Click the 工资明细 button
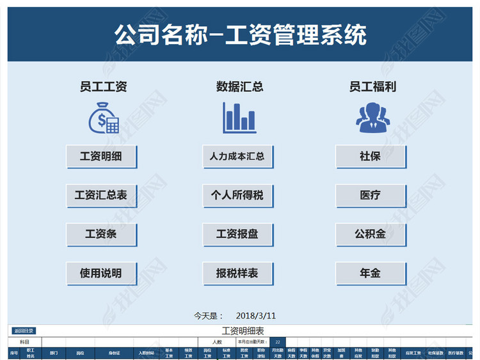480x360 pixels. [101, 156]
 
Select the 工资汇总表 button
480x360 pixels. [101, 195]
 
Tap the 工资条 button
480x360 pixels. [101, 234]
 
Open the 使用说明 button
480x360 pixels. [101, 273]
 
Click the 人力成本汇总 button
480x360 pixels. [237, 156]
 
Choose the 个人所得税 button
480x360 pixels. [237, 195]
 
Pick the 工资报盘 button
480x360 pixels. [237, 234]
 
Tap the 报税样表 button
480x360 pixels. [237, 273]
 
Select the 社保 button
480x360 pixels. [371, 156]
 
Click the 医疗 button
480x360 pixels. [371, 195]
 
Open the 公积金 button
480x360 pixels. [371, 234]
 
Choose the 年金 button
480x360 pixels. [371, 273]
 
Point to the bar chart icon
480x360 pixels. [239, 119]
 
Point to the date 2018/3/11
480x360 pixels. [256, 315]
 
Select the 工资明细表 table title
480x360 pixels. [243, 331]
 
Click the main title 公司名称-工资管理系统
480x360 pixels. [240, 34]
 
